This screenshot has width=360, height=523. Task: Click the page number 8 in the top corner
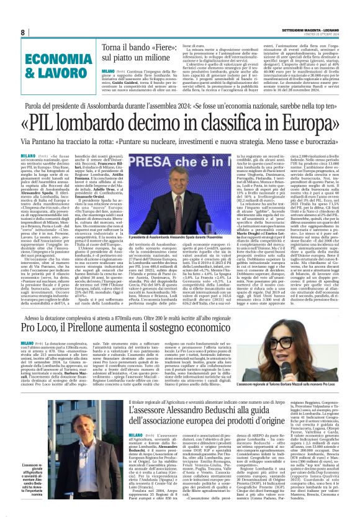tap(23, 32)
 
